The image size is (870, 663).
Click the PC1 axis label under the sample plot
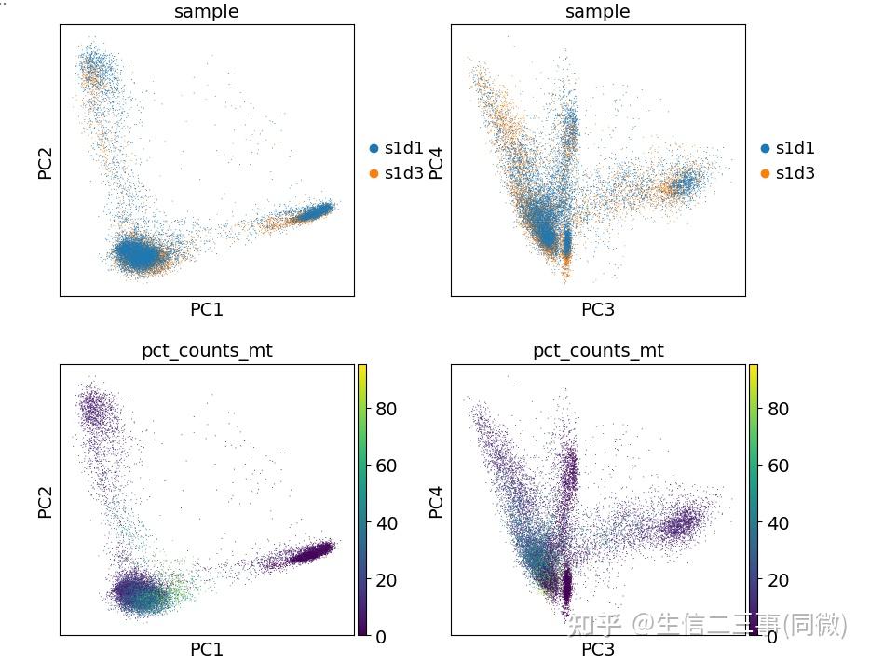click(207, 309)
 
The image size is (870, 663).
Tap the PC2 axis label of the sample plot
click(45, 160)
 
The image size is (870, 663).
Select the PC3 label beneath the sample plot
click(597, 309)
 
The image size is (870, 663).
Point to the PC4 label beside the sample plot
click(436, 160)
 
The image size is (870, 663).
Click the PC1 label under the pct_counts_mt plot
click(207, 649)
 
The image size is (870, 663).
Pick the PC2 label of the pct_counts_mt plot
click(45, 500)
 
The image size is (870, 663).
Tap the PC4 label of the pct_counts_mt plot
click(436, 500)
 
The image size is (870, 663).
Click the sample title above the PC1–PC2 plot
click(207, 11)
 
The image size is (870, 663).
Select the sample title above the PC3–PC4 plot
click(597, 11)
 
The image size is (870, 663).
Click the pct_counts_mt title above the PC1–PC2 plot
click(207, 350)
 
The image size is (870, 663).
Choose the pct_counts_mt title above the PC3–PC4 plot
click(598, 350)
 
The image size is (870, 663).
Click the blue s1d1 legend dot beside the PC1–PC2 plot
click(374, 148)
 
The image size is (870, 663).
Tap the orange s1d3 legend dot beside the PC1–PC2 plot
click(374, 173)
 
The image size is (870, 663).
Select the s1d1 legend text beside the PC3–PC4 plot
click(795, 148)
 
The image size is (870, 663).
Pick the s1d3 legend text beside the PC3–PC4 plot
click(795, 173)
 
